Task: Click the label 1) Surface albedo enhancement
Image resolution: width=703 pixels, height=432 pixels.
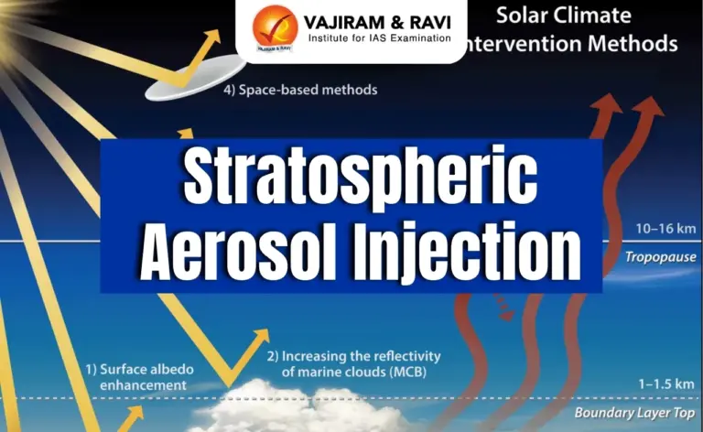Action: pos(135,378)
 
